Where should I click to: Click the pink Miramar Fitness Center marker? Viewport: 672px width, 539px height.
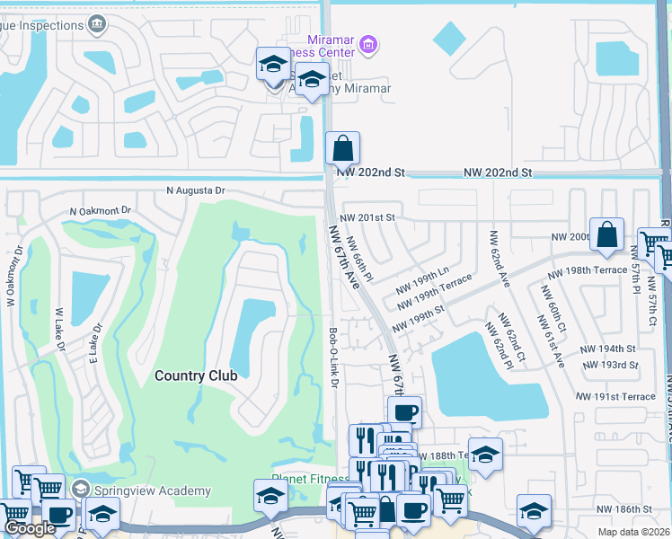[x=367, y=44]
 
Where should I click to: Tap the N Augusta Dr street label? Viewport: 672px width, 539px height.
[x=196, y=190]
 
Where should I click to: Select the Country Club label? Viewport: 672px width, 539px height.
[x=196, y=376]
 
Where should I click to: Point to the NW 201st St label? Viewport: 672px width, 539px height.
[x=367, y=217]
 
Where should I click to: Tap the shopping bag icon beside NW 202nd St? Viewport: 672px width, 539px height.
[x=342, y=148]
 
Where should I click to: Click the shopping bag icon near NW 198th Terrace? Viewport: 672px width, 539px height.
[x=607, y=234]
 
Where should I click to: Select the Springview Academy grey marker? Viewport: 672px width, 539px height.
[x=81, y=490]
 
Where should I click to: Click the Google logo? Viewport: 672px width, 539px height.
[x=30, y=528]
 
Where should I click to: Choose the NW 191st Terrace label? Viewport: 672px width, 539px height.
[x=616, y=396]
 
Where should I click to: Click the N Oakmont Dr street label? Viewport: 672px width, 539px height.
[x=101, y=211]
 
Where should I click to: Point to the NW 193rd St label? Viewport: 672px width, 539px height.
[x=609, y=365]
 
